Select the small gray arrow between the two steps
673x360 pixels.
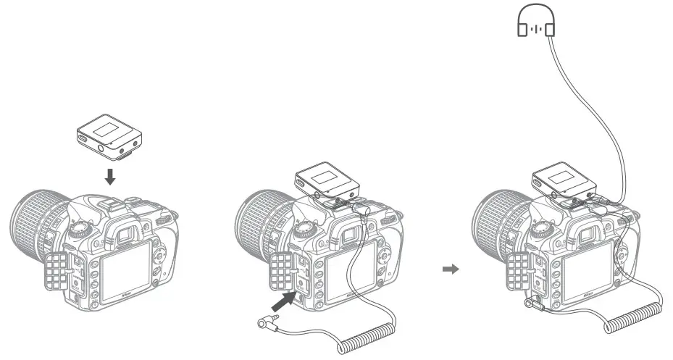(x=451, y=269)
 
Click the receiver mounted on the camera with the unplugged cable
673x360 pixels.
(x=327, y=181)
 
